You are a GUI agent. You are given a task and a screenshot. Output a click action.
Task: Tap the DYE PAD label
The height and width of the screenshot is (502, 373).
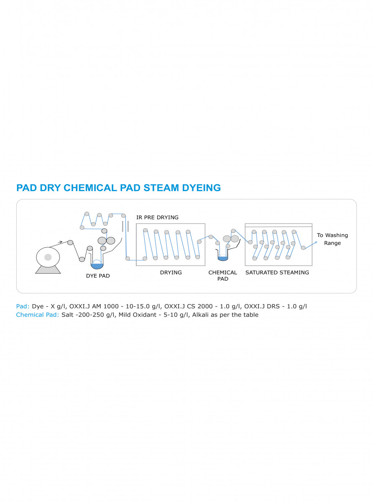coord(97,276)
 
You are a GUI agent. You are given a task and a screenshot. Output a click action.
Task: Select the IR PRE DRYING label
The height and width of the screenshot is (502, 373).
coord(157,218)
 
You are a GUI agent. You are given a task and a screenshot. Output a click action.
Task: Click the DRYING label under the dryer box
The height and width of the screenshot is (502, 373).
coord(171,272)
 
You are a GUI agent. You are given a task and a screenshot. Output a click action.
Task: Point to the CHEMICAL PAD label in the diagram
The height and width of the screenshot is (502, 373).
coord(222,275)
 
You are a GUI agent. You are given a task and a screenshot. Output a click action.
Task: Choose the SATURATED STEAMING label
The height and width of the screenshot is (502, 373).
coord(277,272)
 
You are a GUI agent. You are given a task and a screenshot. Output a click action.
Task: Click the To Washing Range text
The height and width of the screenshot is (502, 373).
coord(332,239)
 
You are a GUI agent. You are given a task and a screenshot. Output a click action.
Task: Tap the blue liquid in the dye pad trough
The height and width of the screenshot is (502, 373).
coord(97,266)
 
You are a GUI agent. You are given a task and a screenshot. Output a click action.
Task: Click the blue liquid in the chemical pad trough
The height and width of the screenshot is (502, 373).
coord(222,259)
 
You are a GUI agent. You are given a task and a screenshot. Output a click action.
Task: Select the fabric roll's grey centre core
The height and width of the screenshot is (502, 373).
coord(48,257)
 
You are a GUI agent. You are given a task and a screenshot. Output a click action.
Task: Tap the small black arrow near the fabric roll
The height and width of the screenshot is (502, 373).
coord(61,242)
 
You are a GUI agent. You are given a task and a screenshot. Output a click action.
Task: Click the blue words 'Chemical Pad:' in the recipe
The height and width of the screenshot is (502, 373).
coord(38,315)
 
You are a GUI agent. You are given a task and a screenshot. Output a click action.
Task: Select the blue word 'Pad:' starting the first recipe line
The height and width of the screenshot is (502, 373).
coord(23,306)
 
